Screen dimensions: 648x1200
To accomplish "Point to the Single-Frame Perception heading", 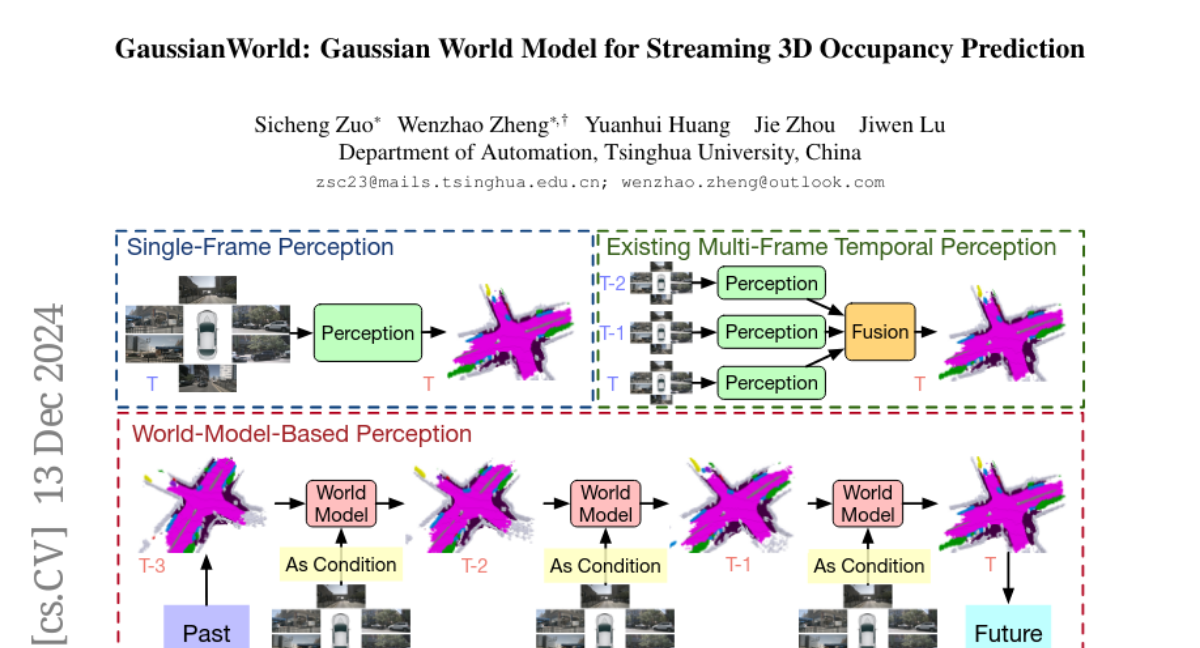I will tap(260, 246).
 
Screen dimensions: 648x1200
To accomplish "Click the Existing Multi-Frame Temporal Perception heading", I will tap(831, 246).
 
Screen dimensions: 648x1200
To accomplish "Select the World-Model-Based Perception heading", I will tap(301, 434).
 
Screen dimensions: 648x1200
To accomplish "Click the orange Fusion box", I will tap(880, 332).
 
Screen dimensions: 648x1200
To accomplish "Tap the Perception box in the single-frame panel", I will tap(367, 333).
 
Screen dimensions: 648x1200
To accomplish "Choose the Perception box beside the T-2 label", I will tap(771, 283).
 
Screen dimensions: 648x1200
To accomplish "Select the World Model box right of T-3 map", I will tap(340, 503).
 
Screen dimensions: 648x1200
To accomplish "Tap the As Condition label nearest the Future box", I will tap(868, 566).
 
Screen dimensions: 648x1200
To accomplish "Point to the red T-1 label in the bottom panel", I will tap(737, 564).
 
